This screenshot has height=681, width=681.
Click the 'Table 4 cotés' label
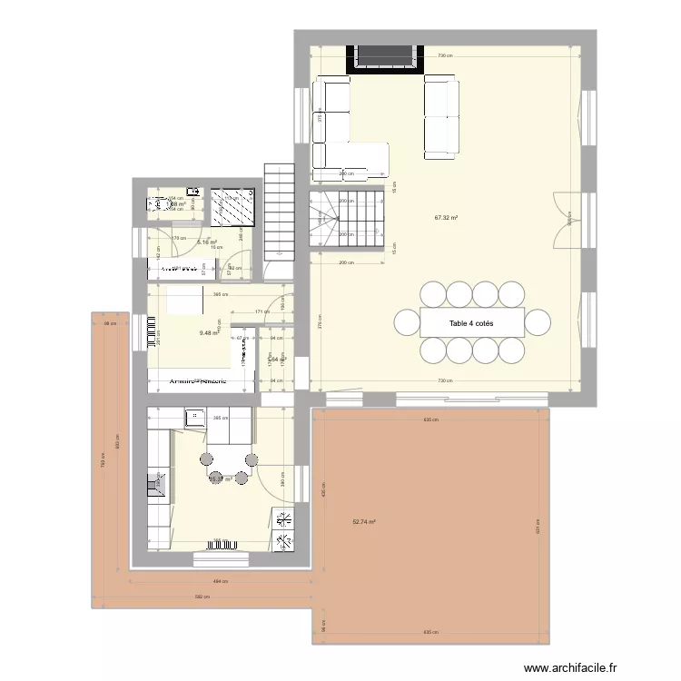(471, 322)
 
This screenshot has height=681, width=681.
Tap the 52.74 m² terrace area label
(363, 522)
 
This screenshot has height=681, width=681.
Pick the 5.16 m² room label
(207, 243)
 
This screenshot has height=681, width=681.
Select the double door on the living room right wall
(565, 220)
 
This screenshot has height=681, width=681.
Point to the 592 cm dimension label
(202, 597)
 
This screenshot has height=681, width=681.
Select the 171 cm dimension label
(262, 312)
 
